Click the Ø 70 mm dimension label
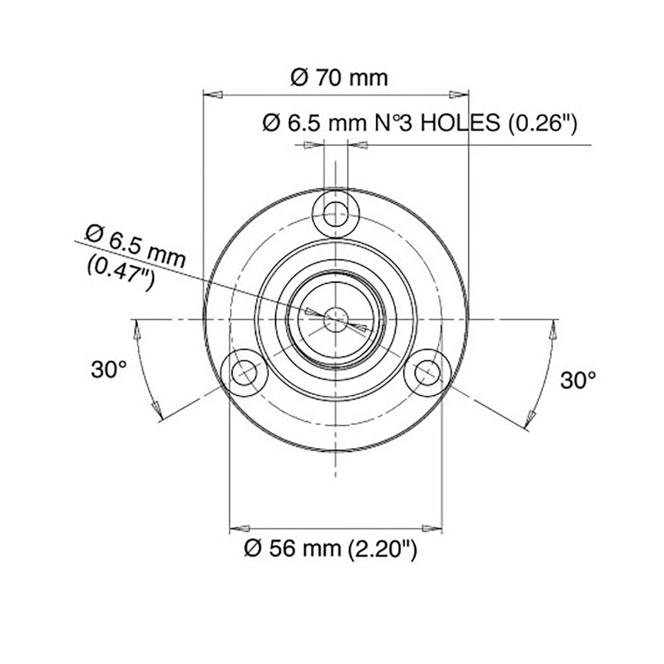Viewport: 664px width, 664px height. pyautogui.click(x=339, y=77)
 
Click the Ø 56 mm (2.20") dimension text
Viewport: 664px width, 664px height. pyautogui.click(x=330, y=549)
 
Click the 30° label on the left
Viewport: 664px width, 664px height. pyautogui.click(x=109, y=370)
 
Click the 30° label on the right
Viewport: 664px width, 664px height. pyautogui.click(x=578, y=380)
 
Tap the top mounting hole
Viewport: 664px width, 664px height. pyautogui.click(x=336, y=213)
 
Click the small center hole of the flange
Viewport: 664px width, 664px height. pyautogui.click(x=336, y=319)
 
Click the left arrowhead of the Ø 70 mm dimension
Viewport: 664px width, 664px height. pyautogui.click(x=211, y=95)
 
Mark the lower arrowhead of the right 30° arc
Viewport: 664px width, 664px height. pyautogui.click(x=530, y=418)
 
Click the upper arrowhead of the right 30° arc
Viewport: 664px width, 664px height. pyautogui.click(x=554, y=330)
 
